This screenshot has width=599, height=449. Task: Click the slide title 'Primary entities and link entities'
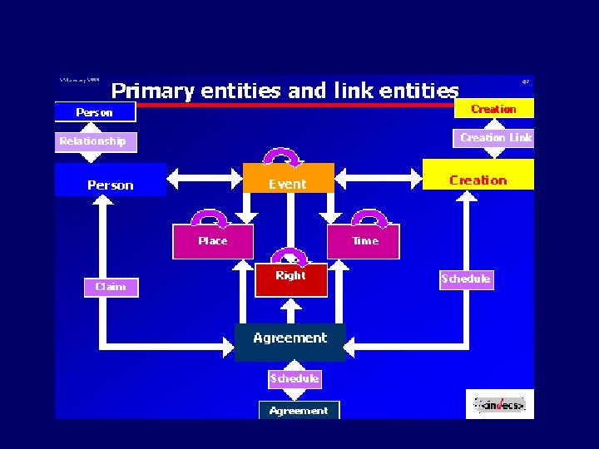pos(285,90)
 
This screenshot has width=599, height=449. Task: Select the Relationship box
pos(93,141)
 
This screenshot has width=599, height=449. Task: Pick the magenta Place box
pos(212,241)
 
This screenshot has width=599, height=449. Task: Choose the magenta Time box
pos(364,241)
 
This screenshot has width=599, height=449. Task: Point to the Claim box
pos(111,287)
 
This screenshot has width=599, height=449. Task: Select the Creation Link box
pos(496,138)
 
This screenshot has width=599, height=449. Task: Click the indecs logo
pos(500,405)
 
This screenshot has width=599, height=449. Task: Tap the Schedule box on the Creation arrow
pos(466,279)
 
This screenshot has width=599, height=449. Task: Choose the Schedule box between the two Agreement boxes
pos(294,378)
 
